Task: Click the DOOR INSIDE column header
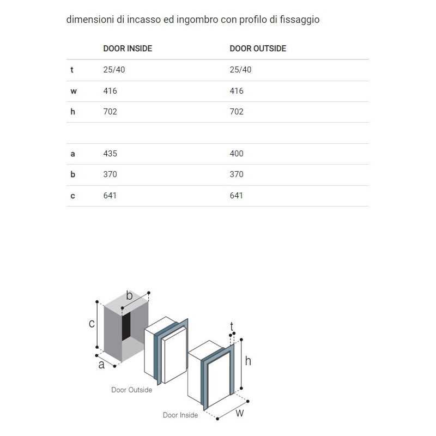128,49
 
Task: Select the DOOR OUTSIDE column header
258,49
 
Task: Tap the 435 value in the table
110,154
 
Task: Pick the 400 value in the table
237,154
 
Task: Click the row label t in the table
72,70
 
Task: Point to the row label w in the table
73,91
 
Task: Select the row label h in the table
72,112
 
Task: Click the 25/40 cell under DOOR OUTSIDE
240,70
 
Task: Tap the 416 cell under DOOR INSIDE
110,91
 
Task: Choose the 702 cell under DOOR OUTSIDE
237,112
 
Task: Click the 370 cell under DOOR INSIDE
110,174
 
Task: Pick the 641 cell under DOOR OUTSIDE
237,195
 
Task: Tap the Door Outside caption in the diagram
131,390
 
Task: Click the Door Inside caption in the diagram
180,415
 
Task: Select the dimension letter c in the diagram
92,324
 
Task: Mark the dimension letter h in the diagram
248,361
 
